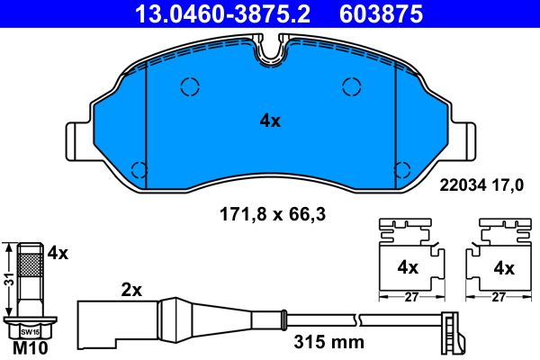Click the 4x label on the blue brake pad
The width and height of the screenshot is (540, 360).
(x=269, y=121)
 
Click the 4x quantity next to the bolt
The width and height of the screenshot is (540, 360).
(x=58, y=254)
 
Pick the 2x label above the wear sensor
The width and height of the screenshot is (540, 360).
(x=132, y=290)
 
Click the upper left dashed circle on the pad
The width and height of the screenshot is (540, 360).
(x=189, y=86)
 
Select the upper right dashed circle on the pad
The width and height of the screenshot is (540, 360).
(x=351, y=86)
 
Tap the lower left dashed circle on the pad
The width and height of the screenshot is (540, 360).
(x=139, y=168)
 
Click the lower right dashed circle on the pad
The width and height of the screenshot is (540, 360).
(x=402, y=168)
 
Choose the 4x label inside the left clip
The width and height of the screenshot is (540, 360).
(x=408, y=267)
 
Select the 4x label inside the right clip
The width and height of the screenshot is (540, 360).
(x=503, y=267)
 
